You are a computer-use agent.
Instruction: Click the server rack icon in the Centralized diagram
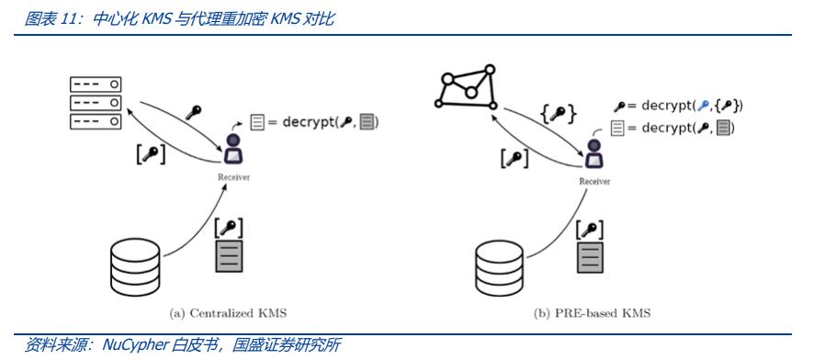96,103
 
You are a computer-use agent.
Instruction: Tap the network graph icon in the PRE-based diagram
466,87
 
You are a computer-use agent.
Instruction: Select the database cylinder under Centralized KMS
136,268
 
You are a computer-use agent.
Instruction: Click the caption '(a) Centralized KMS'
228,313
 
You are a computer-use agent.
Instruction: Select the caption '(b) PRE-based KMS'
593,313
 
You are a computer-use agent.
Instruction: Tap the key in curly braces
558,114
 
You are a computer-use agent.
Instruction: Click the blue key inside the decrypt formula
703,106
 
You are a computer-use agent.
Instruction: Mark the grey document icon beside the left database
229,256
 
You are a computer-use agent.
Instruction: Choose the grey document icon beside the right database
590,257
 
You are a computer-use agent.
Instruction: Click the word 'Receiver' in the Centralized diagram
233,177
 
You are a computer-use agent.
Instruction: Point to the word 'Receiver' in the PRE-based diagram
594,181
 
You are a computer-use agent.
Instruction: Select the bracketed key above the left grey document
229,228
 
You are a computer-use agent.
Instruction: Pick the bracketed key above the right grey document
590,230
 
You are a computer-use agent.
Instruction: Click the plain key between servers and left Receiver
194,112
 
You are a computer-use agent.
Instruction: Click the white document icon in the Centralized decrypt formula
257,122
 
